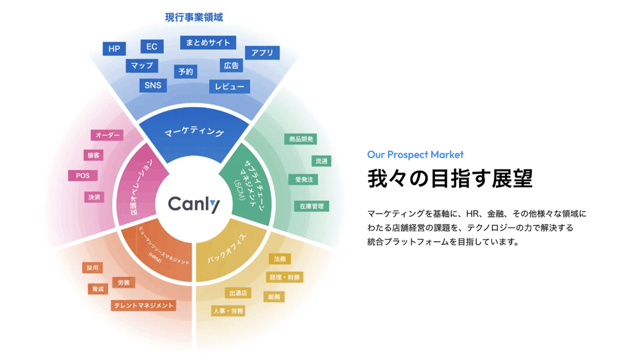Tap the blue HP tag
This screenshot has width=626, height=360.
pos(114,49)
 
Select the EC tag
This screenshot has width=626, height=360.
pos(152,47)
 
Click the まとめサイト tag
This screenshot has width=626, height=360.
pos(208,43)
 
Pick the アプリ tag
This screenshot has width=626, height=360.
pos(262,53)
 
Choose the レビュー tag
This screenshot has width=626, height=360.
pos(230,87)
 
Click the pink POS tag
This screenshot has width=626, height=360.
pos(83,176)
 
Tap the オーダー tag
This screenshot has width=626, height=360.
pos(107,135)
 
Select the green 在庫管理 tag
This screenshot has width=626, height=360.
pos(311,206)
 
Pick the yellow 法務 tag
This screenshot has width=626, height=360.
pos(280,260)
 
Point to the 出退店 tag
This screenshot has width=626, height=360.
pos(238,293)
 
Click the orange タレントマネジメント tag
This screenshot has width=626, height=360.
pos(143,305)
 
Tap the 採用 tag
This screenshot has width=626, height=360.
pos(93,268)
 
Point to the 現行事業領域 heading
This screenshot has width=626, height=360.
pos(194,18)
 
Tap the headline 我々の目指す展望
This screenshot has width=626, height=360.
pos(450,179)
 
